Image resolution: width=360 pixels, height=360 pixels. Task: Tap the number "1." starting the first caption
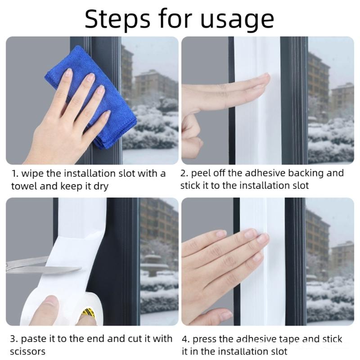click(x=14, y=173)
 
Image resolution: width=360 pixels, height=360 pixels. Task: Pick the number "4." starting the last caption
click(x=185, y=339)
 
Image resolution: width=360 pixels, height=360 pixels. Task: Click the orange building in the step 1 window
click(x=153, y=85)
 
